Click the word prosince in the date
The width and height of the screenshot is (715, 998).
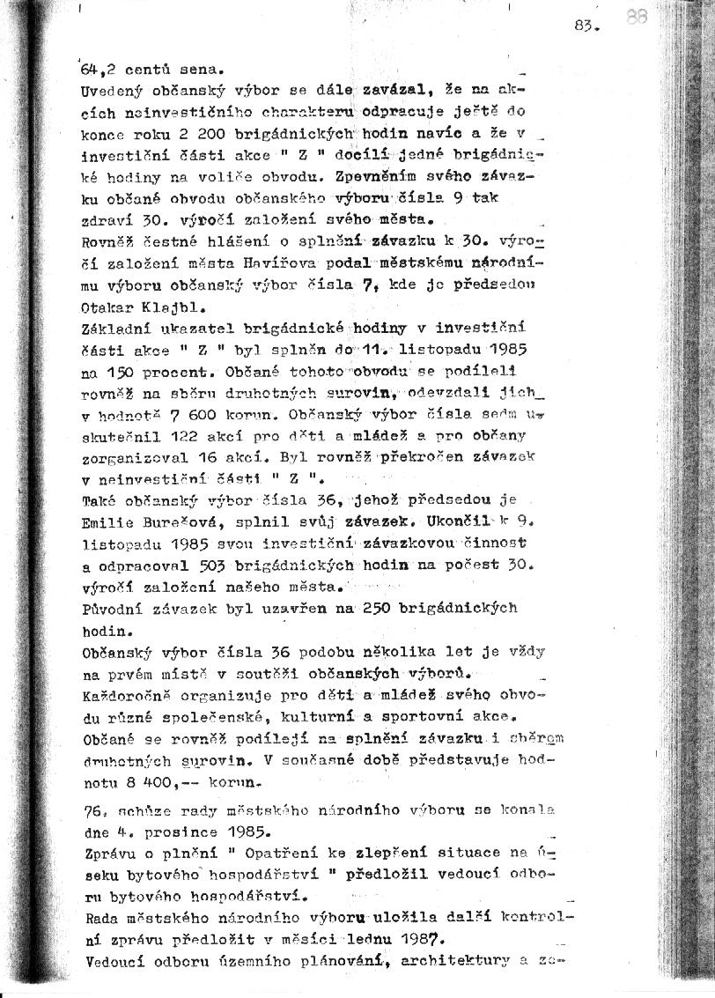[x=179, y=830]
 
